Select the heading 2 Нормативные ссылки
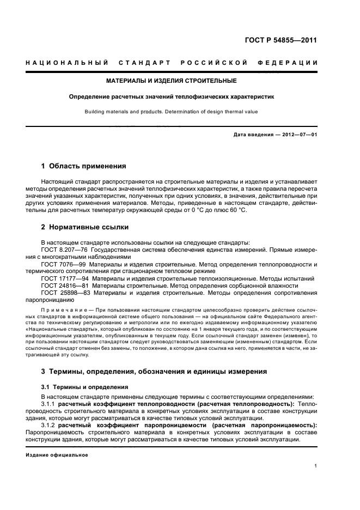pyautogui.click(x=85, y=227)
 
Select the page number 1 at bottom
pyautogui.click(x=316, y=466)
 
